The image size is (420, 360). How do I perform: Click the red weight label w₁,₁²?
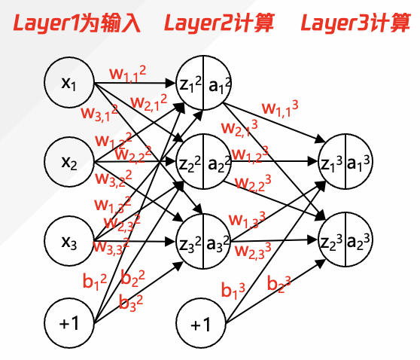[128, 73]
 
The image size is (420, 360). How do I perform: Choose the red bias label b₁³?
[233, 289]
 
